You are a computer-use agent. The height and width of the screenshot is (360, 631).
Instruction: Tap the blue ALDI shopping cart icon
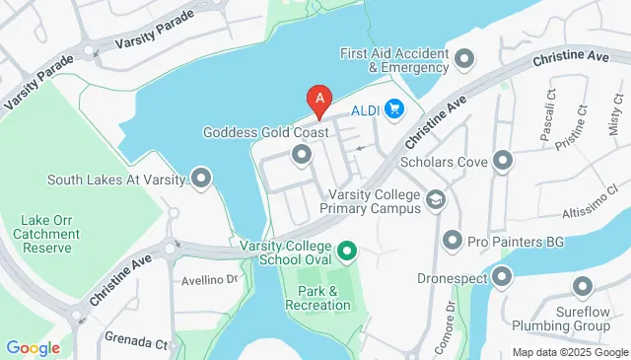[394, 108]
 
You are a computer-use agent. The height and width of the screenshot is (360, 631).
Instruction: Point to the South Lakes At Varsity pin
[202, 179]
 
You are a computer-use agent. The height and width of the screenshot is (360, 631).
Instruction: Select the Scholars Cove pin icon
[504, 160]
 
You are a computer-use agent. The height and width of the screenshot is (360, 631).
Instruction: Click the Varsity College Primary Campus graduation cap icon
[434, 201]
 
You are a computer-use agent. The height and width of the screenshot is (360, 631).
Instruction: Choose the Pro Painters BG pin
[452, 240]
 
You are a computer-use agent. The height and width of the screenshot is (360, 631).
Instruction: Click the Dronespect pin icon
[503, 278]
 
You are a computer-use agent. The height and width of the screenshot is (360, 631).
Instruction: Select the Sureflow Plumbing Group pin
[582, 287]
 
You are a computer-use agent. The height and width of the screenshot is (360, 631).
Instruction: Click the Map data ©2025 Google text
[569, 352]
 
